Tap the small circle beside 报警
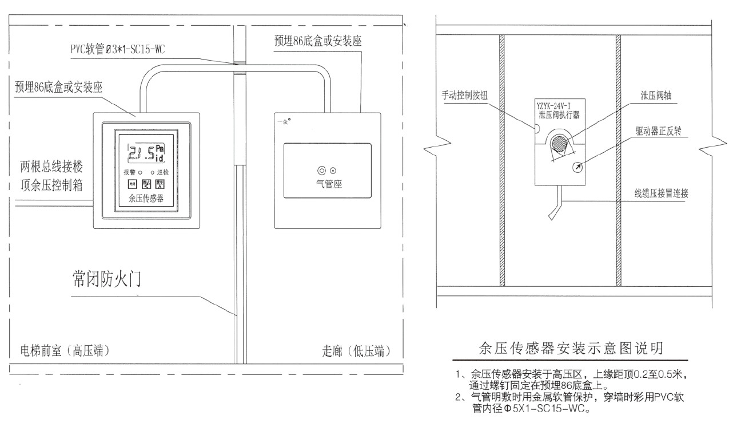point(140,172)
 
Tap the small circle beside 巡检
point(152,172)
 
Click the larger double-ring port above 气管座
point(322,170)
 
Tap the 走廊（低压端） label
point(359,350)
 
